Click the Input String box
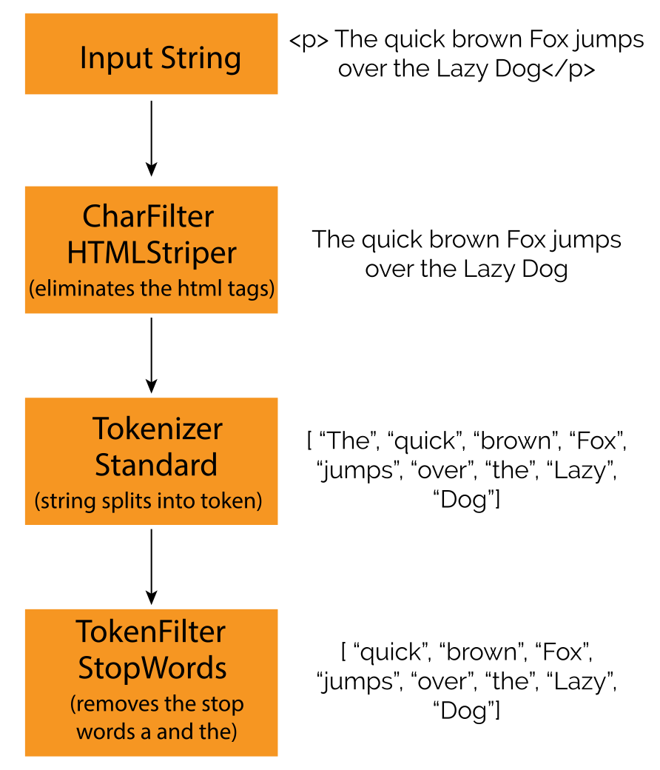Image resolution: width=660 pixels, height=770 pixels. pyautogui.click(x=151, y=53)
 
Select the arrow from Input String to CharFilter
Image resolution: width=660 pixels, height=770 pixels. pyautogui.click(x=151, y=138)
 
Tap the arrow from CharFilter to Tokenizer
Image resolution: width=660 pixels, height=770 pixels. pyautogui.click(x=151, y=355)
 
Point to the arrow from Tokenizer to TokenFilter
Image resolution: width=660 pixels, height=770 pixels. pyautogui.click(x=151, y=566)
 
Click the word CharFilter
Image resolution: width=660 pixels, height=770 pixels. pyautogui.click(x=148, y=216)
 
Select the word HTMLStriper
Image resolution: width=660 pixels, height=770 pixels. pyautogui.click(x=152, y=253)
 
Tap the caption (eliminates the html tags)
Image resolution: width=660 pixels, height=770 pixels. pyautogui.click(x=152, y=289)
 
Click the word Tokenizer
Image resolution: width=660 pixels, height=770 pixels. pyautogui.click(x=158, y=428)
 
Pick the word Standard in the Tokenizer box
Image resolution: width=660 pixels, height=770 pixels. pyautogui.click(x=156, y=464)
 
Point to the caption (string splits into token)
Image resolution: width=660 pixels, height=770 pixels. pyautogui.click(x=148, y=501)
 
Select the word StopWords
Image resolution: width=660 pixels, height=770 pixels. pyautogui.click(x=152, y=669)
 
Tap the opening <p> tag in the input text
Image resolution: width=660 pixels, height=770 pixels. pyautogui.click(x=309, y=40)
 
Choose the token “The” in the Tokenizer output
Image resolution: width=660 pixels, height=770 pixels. pyautogui.click(x=348, y=441)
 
